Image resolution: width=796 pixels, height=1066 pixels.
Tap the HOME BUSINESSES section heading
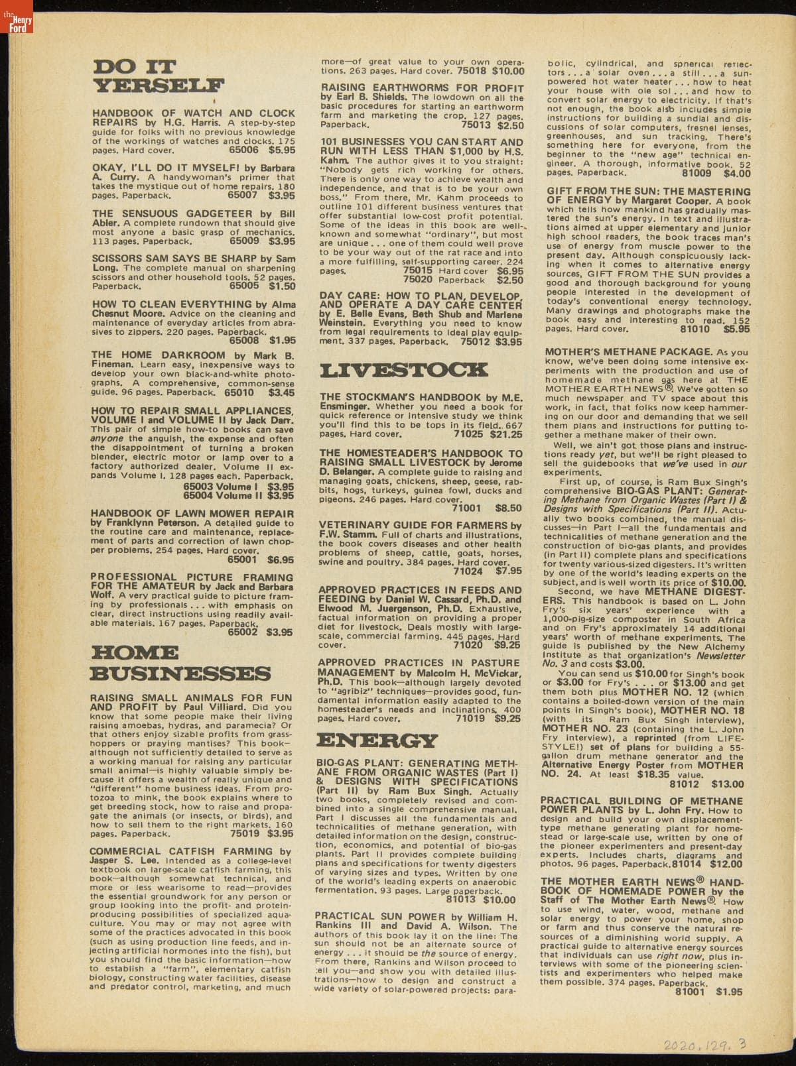180,663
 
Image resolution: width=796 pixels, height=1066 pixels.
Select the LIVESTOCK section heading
403,369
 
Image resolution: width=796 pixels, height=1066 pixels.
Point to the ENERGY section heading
377,740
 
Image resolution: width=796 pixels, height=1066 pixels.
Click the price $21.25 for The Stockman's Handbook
505,435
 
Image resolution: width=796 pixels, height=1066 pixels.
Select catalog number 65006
243,150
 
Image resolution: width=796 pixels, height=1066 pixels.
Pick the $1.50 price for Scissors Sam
282,286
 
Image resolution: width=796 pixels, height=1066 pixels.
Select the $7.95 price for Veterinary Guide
508,570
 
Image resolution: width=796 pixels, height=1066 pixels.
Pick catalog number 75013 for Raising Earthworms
476,125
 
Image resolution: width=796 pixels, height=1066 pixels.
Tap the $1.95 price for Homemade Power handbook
729,992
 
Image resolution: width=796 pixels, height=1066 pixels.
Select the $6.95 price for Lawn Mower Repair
281,560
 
